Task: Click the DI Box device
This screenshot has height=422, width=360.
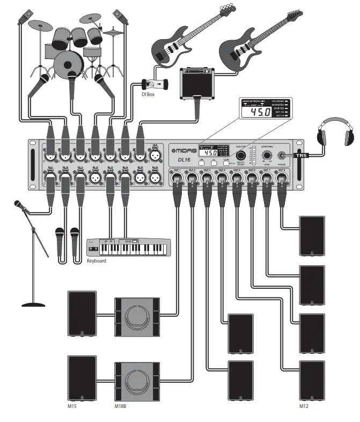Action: click(153, 85)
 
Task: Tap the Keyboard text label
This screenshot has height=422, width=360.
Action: click(97, 261)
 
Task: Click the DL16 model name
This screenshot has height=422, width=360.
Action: click(185, 160)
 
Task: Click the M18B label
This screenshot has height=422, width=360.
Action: click(121, 406)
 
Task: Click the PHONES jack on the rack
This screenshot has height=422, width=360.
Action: click(281, 156)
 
